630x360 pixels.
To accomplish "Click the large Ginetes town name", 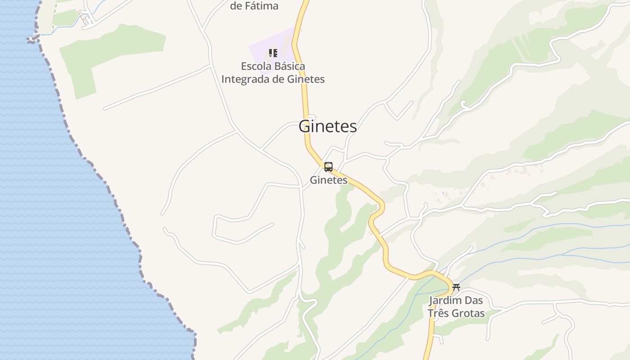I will click(328, 126).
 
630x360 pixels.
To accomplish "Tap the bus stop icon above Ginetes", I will click(328, 167).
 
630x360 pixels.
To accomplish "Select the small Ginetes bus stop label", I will click(328, 180).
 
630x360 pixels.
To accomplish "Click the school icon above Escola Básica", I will click(273, 53).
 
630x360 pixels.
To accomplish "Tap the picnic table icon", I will click(456, 287).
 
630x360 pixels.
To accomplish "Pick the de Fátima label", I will click(254, 6).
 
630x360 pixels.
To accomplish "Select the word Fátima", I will click(261, 6).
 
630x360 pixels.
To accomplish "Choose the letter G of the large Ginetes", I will click(305, 126).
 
